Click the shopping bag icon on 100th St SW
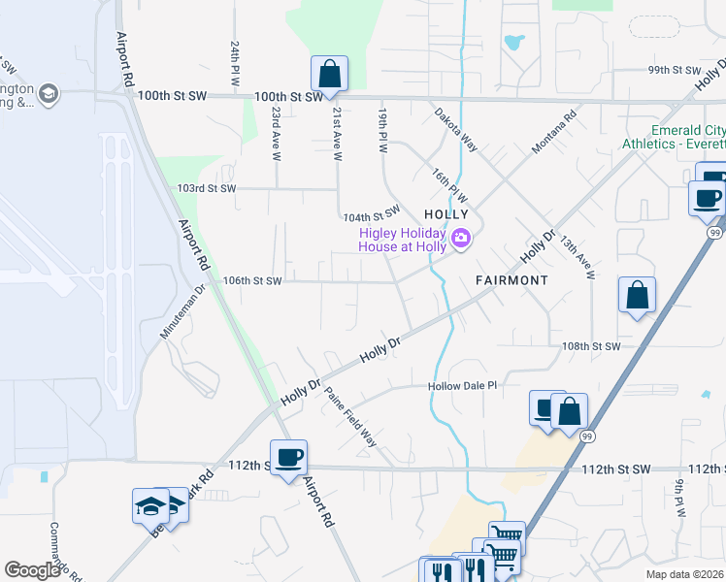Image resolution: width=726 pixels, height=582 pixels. click(x=329, y=74)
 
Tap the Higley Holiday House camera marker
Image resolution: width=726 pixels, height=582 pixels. click(x=461, y=238)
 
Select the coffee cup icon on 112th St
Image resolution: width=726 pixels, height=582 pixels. click(x=288, y=458)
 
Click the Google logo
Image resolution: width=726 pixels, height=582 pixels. click(x=33, y=569)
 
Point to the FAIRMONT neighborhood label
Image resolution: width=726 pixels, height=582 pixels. click(x=511, y=280)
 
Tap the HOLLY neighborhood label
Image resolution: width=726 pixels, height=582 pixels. click(x=446, y=213)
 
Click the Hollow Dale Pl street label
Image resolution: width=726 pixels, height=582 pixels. click(x=463, y=386)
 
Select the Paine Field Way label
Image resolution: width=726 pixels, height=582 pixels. click(x=350, y=416)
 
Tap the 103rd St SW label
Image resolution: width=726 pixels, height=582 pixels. click(x=208, y=188)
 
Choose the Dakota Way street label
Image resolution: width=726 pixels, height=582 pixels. click(x=455, y=129)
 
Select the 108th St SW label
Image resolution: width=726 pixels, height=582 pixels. click(x=590, y=346)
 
